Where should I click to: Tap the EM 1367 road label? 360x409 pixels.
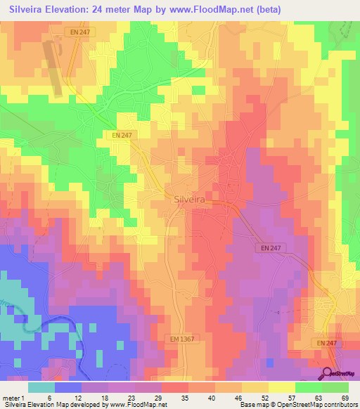point(182,339)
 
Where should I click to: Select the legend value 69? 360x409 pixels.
point(344,397)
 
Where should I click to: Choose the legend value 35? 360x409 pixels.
point(184,397)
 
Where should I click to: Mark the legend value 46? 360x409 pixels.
point(237,397)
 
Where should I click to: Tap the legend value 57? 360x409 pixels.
point(290,397)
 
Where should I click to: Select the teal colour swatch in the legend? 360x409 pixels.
point(41,387)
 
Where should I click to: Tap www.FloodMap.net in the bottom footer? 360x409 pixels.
point(134,404)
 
